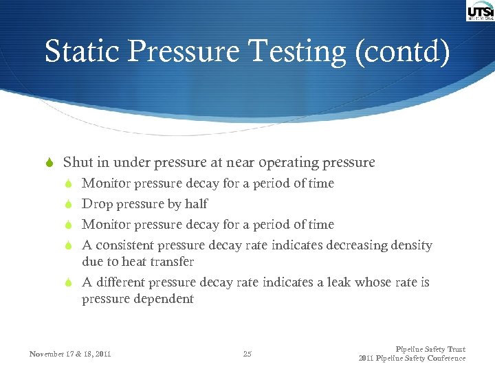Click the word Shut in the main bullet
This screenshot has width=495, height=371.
point(77,163)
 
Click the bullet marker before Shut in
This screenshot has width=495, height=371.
point(49,164)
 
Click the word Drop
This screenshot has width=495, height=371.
point(94,204)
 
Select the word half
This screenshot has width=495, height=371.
point(196,204)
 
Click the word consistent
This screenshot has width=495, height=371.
point(125,245)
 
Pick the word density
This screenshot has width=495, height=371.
point(408,245)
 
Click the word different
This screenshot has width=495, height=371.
point(121,282)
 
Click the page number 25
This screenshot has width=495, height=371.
point(247,355)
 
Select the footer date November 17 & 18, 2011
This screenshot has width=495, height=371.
point(70,355)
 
